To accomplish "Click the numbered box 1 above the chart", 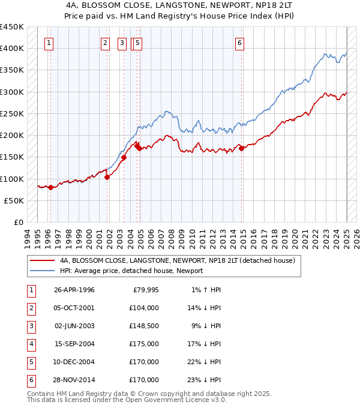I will click(x=48, y=43).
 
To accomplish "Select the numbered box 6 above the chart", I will click(x=239, y=43).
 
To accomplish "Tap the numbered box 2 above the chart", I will click(x=105, y=43).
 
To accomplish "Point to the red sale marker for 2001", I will click(x=107, y=177).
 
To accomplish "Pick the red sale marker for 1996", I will click(x=50, y=187).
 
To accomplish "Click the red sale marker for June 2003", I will click(x=124, y=158).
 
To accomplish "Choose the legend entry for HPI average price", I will click(x=131, y=271).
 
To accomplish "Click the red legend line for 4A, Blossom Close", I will click(x=42, y=261).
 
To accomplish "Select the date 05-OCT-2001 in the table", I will click(x=74, y=308).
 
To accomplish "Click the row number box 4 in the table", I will click(x=31, y=344).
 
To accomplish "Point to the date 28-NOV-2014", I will click(x=74, y=380).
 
